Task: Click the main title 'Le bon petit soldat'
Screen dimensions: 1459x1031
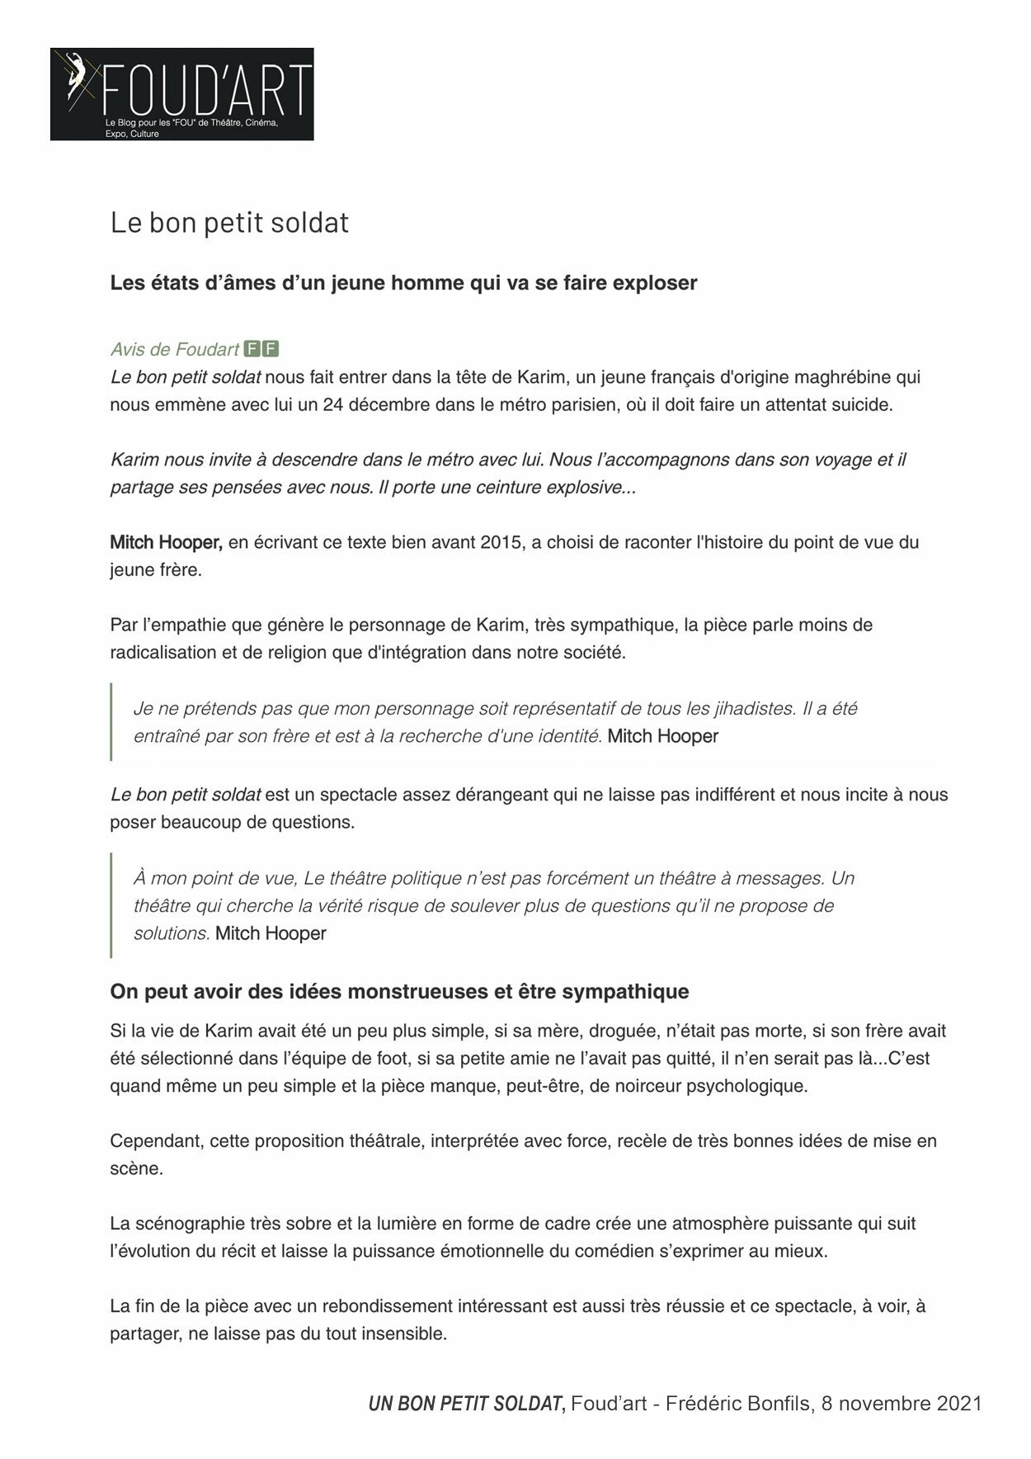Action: click(229, 222)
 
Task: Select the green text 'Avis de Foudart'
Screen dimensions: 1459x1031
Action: click(175, 350)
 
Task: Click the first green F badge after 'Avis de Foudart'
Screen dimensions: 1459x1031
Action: click(253, 349)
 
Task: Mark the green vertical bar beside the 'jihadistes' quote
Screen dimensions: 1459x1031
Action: click(111, 721)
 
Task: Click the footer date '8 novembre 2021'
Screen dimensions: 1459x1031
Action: click(902, 1404)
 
